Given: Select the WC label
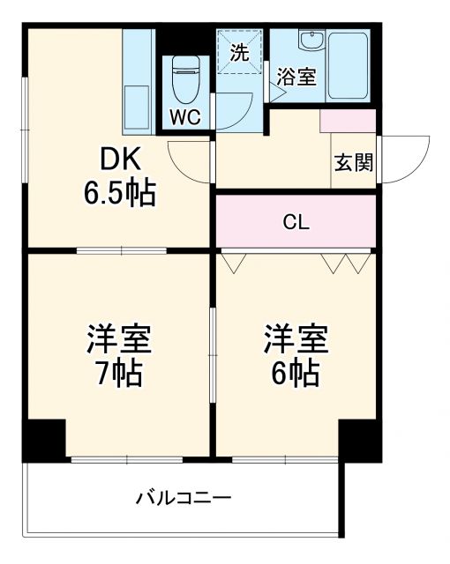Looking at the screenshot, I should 184,118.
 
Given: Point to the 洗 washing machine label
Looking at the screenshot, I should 239,52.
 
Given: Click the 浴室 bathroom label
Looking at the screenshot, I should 296,77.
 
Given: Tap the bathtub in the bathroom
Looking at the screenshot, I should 351,66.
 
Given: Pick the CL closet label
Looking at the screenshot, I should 296,222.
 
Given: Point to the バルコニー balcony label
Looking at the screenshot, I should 183,499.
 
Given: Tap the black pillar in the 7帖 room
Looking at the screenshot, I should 44,439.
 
